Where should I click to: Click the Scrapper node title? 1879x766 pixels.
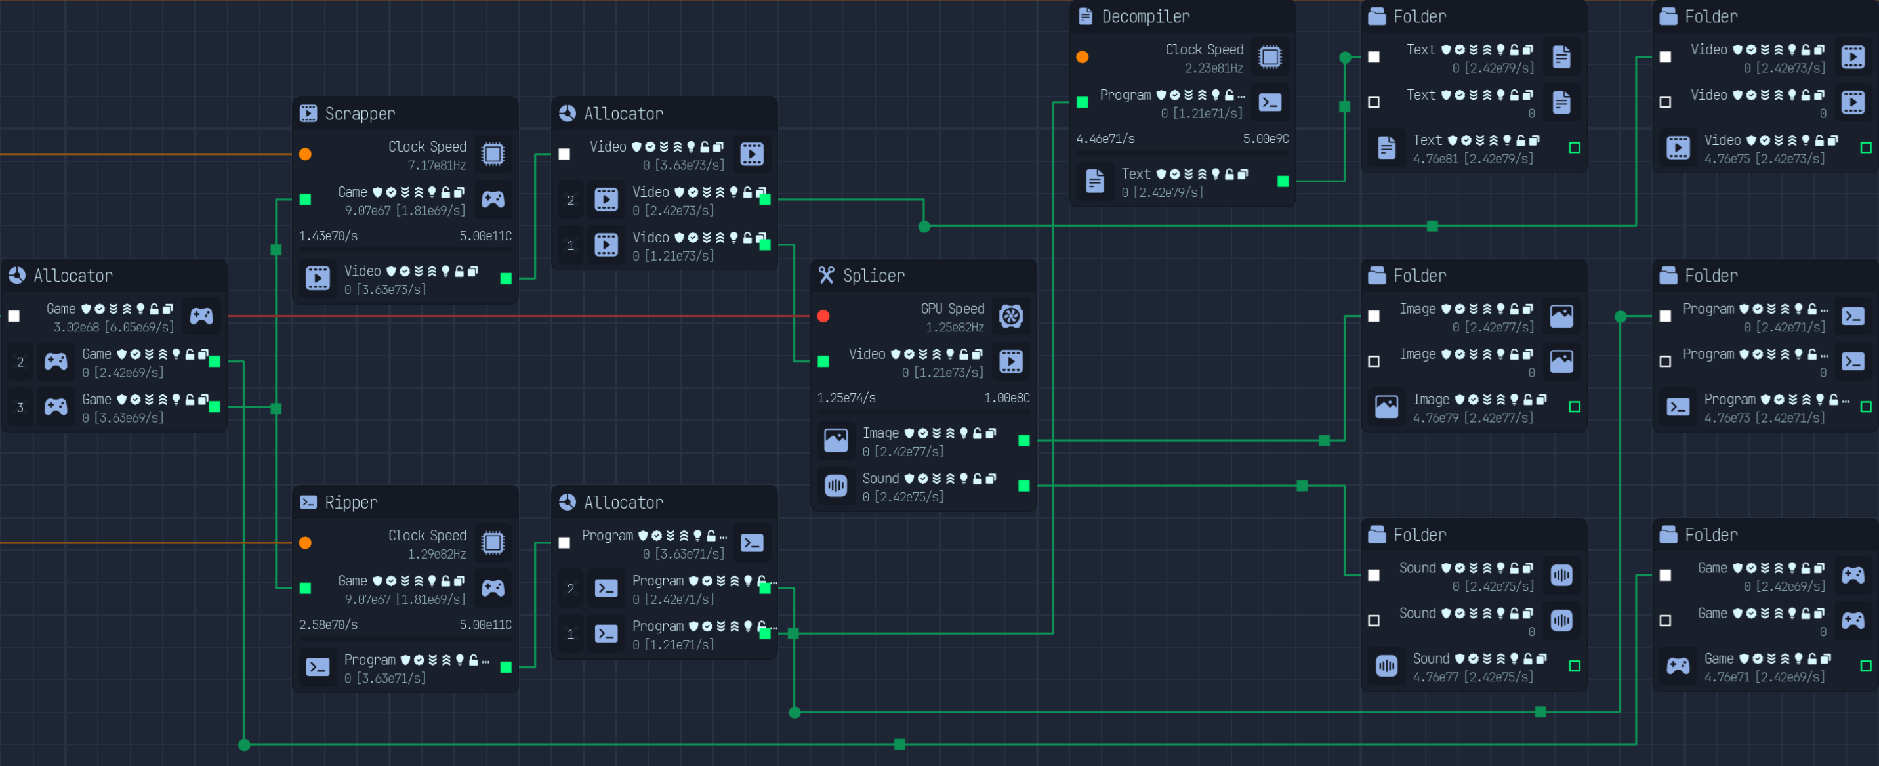click(x=360, y=114)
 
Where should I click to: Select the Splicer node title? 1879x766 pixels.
click(x=873, y=276)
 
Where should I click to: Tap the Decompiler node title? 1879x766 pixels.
click(x=1146, y=17)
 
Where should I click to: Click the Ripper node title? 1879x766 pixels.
click(x=351, y=503)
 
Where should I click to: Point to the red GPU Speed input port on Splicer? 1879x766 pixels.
click(x=823, y=316)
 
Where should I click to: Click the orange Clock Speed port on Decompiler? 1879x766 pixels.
click(x=1083, y=57)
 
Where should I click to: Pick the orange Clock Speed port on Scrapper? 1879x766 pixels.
click(x=306, y=154)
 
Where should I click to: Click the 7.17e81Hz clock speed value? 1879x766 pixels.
click(x=436, y=165)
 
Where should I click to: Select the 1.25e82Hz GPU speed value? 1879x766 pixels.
click(x=954, y=328)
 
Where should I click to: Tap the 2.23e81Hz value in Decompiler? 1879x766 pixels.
click(x=1213, y=68)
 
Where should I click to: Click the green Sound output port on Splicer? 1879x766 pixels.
click(x=1024, y=486)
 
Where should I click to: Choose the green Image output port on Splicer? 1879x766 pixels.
click(x=1024, y=440)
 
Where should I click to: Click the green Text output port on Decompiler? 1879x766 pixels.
click(x=1283, y=182)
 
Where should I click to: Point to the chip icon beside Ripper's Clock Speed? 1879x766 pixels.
click(x=493, y=543)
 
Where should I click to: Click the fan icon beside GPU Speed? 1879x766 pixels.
click(x=1011, y=316)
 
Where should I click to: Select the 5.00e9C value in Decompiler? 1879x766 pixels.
click(x=1266, y=138)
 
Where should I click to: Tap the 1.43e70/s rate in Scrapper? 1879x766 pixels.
click(x=328, y=236)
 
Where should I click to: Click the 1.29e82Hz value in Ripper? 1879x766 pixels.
click(x=436, y=555)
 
